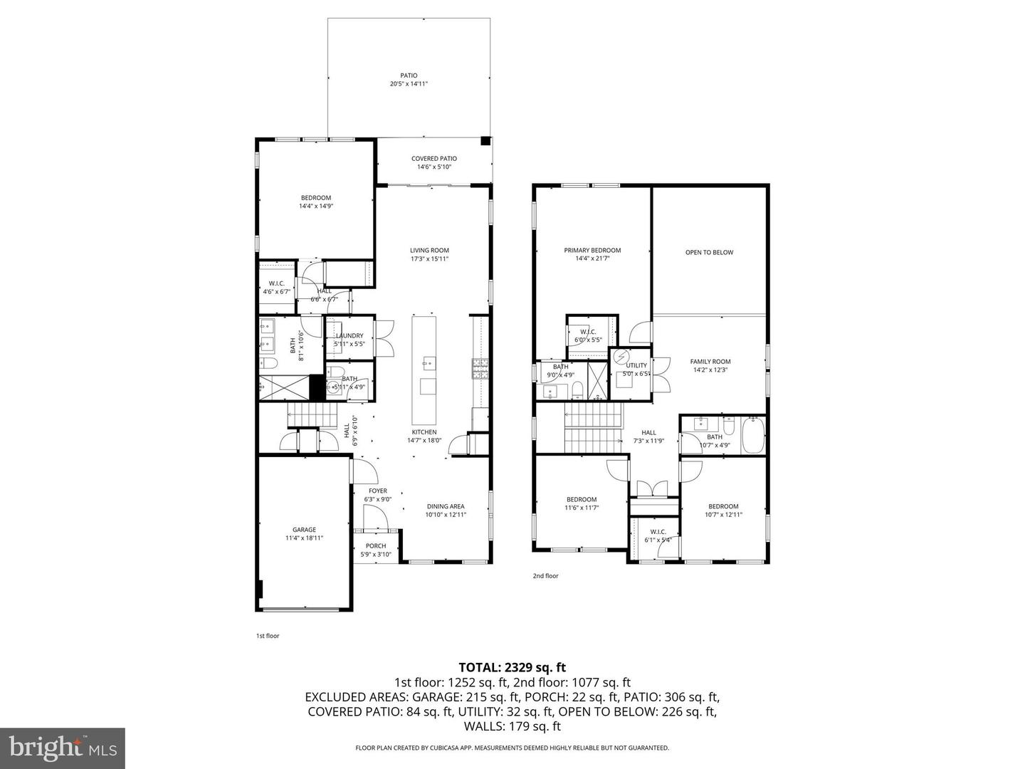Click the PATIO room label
(x=409, y=75)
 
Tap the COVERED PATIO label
(x=434, y=159)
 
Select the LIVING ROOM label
(x=429, y=251)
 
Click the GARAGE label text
(x=304, y=530)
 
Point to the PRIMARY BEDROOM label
(x=592, y=251)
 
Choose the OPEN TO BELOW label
(x=709, y=253)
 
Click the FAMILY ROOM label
(x=710, y=362)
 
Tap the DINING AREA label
(x=446, y=506)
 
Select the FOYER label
(x=378, y=491)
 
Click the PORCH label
(x=376, y=546)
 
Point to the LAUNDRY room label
(x=349, y=336)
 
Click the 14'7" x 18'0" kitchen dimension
(x=424, y=440)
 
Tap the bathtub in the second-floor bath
(x=753, y=436)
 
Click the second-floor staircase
(x=593, y=427)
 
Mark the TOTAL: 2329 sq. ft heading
(x=512, y=667)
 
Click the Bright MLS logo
(x=63, y=748)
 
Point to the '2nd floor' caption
(x=545, y=576)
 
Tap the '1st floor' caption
(x=268, y=636)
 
